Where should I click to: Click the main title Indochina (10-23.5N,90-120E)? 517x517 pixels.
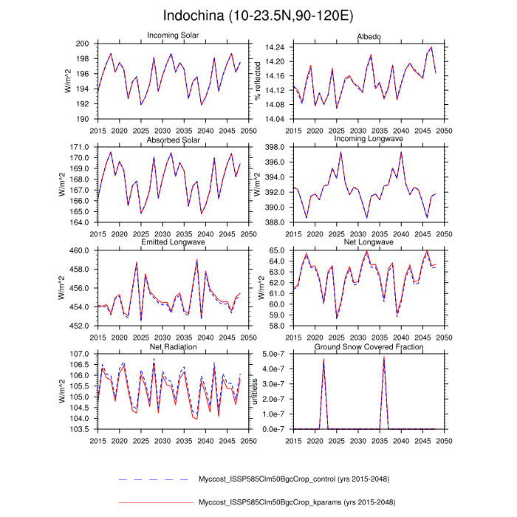coord(258,16)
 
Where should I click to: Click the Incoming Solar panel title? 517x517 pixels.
coord(174,35)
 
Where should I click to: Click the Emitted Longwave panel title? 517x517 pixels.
coord(174,242)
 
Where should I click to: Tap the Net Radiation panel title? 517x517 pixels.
coord(174,346)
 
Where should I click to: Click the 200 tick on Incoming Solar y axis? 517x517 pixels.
coord(83,44)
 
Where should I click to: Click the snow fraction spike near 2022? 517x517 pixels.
coord(323,360)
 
